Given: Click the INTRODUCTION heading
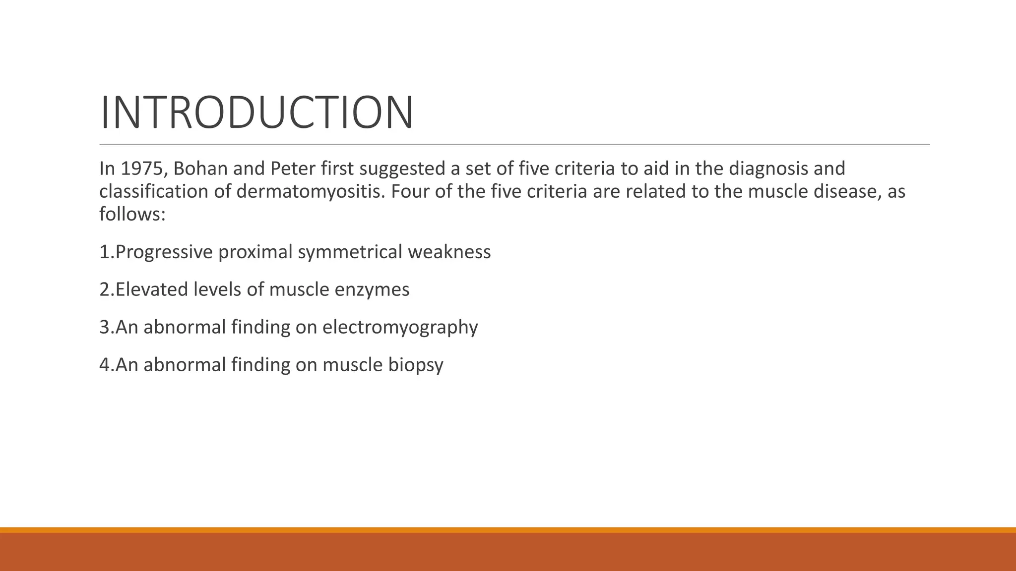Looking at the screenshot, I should tap(256, 113).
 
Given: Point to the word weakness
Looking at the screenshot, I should tap(449, 252).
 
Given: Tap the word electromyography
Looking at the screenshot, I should tap(400, 328).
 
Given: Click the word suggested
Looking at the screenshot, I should tap(402, 169).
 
